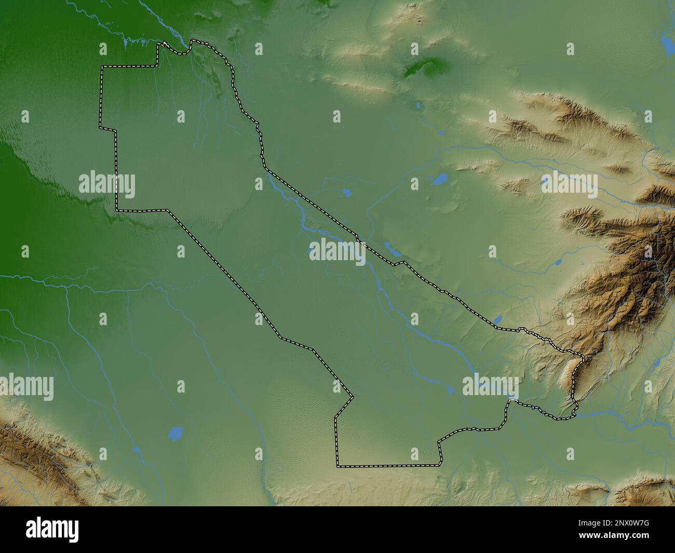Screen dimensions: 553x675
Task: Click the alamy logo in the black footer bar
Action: pos(52,529)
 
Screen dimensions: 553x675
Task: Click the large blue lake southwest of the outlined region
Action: pos(176,433)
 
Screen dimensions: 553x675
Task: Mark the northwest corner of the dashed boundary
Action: pos(102,67)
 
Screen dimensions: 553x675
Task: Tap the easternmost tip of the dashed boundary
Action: pos(584,358)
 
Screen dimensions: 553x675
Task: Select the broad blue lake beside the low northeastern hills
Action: pos(439,180)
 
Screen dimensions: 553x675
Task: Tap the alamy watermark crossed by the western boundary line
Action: pos(107,185)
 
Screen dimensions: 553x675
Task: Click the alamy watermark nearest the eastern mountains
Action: pos(569,185)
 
